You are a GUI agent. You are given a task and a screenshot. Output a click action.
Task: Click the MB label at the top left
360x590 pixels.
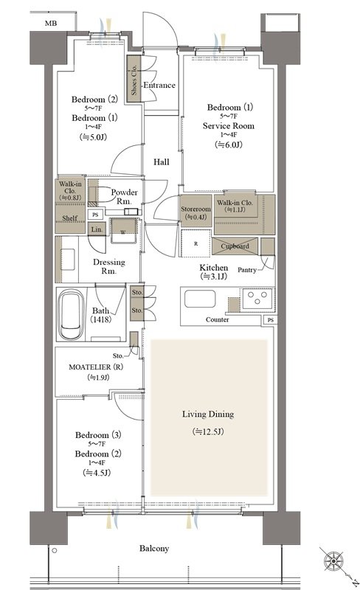(x=51, y=24)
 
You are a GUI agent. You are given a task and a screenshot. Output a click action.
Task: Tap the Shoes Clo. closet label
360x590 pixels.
(x=134, y=80)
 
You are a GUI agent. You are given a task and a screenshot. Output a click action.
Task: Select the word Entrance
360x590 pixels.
(x=159, y=85)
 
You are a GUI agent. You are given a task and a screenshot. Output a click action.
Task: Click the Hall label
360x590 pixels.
(x=161, y=162)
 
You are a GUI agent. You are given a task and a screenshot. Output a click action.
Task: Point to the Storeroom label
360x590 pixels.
(x=195, y=209)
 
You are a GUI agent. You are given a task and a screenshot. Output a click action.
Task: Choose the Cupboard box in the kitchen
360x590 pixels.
(x=235, y=246)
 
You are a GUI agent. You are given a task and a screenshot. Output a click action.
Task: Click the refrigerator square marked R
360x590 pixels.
(x=195, y=243)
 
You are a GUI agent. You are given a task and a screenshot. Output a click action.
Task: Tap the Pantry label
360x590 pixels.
(x=247, y=270)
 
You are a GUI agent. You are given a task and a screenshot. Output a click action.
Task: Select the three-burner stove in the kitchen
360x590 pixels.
(x=257, y=299)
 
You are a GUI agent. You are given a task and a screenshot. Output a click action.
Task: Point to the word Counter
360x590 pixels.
(x=218, y=319)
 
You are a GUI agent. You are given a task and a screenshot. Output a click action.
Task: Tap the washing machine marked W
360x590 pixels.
(x=123, y=231)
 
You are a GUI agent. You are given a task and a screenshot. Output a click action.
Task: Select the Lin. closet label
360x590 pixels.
(x=97, y=229)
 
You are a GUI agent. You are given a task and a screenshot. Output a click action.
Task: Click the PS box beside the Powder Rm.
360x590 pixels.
(x=95, y=215)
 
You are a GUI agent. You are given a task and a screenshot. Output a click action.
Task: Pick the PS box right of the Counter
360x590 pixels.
(x=271, y=320)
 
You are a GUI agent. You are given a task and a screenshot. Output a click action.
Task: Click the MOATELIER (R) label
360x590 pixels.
(x=96, y=367)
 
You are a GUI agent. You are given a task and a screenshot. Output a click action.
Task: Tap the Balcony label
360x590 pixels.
(x=154, y=548)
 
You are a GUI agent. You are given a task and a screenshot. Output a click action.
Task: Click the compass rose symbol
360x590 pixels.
(x=333, y=561)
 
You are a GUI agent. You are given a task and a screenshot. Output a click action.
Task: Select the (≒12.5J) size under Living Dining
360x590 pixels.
(x=208, y=431)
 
